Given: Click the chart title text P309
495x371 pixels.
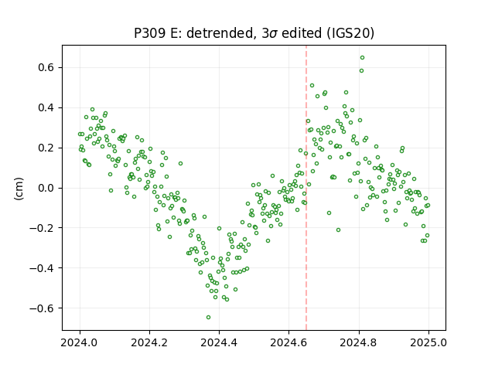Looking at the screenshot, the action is (149, 32).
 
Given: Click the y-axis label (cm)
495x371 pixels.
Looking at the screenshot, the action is (19, 189).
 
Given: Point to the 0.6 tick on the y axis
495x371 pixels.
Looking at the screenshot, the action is (46, 67).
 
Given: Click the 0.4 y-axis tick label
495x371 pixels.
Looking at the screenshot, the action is (46, 107).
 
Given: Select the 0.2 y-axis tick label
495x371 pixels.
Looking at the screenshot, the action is (46, 148).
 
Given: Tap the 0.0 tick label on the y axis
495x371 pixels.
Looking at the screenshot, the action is (46, 188).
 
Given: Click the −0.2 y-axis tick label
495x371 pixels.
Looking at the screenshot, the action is (42, 228).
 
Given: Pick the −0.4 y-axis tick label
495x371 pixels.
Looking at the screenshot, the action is (42, 268).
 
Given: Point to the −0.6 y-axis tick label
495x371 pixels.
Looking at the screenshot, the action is (42, 308).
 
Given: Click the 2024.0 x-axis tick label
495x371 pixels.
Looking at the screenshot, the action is (80, 342).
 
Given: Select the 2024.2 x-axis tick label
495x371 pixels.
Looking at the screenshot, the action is (149, 342).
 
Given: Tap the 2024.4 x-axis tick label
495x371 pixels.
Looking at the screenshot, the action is (219, 342).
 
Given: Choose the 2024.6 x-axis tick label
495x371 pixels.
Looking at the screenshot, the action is (288, 342).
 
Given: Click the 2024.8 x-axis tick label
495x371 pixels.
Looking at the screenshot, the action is (359, 342).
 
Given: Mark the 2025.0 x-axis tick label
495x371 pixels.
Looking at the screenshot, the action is (428, 342).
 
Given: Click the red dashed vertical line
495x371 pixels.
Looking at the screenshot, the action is (306, 188).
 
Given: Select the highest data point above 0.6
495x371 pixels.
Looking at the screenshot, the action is (363, 57).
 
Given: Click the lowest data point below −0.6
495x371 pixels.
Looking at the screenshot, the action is (208, 317).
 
